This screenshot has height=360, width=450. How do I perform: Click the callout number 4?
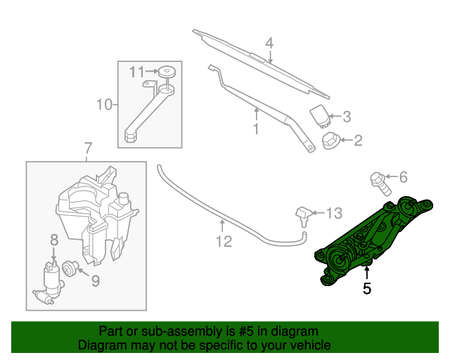tap(269, 43)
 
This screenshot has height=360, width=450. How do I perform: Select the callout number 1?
tap(256, 129)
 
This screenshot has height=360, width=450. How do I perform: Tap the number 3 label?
tap(346, 117)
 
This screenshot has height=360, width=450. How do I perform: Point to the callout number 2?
tap(357, 141)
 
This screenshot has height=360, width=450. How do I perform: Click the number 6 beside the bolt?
tap(403, 178)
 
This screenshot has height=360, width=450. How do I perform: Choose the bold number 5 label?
tap(366, 288)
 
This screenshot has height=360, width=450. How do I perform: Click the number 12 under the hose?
tap(223, 243)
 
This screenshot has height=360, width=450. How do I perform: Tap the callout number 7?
tap(88, 149)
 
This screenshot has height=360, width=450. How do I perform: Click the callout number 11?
tap(136, 71)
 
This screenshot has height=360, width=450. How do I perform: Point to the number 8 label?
tap(53, 241)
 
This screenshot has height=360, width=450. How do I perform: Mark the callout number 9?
tap(95, 281)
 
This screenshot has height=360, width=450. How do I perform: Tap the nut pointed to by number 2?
tap(330, 141)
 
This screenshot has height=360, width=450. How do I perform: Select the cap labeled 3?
tap(320, 115)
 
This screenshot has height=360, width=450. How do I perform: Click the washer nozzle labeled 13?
tap(302, 214)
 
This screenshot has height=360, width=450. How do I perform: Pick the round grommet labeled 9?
tap(70, 268)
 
